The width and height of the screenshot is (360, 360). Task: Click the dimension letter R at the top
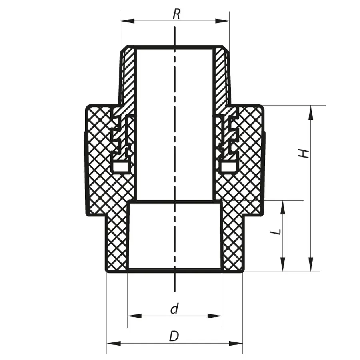tap(176, 14)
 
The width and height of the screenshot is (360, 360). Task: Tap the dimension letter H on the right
tap(305, 153)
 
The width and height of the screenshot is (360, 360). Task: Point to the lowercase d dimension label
tap(174, 309)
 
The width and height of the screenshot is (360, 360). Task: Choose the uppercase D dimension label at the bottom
tap(174, 336)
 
